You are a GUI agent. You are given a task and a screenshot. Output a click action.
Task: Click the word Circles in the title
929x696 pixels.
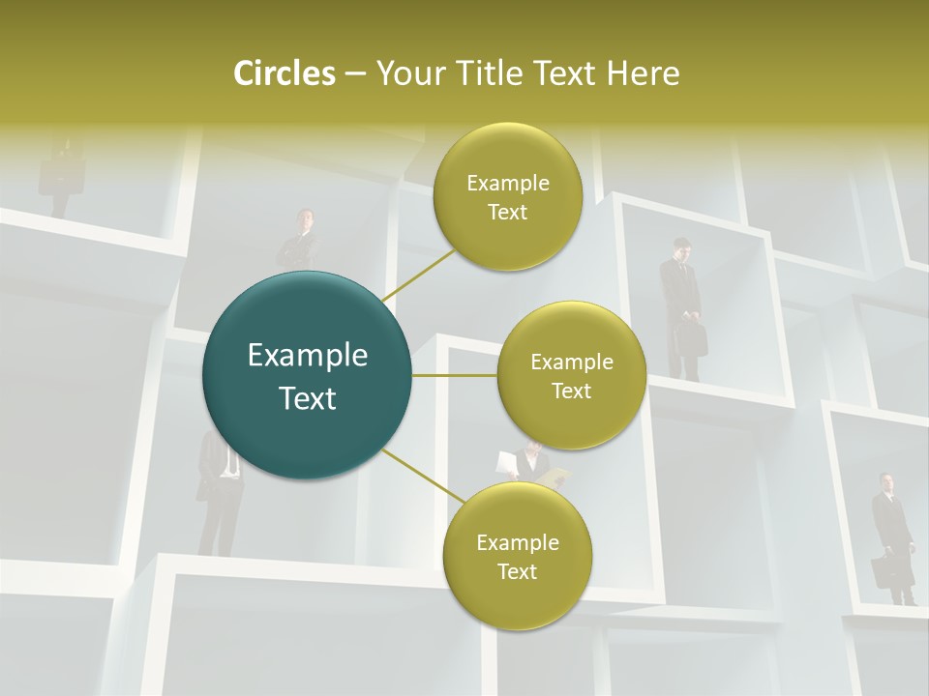[x=284, y=73]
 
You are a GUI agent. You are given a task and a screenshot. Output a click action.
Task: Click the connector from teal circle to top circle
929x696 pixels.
[x=419, y=273]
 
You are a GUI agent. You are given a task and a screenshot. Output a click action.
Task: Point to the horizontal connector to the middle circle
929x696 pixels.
[x=455, y=375]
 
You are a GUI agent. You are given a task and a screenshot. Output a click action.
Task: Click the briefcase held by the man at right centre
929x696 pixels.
[x=693, y=338]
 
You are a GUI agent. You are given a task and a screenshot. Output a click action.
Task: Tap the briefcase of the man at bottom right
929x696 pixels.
[x=884, y=572]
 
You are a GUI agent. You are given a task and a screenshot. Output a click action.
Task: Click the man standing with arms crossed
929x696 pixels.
[x=300, y=242]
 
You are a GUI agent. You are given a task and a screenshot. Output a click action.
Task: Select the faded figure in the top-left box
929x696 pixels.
[x=60, y=174]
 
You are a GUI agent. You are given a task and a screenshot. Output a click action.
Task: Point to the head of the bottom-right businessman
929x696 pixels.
[x=886, y=482]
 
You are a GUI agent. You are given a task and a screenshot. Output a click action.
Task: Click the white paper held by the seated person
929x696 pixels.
[x=506, y=462]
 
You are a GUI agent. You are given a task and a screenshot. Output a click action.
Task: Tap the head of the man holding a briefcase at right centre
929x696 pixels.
[x=682, y=248]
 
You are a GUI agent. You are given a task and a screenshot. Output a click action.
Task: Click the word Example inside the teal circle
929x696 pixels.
[x=307, y=356]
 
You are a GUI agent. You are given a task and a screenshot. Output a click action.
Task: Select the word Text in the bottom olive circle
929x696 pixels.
[x=517, y=571]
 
